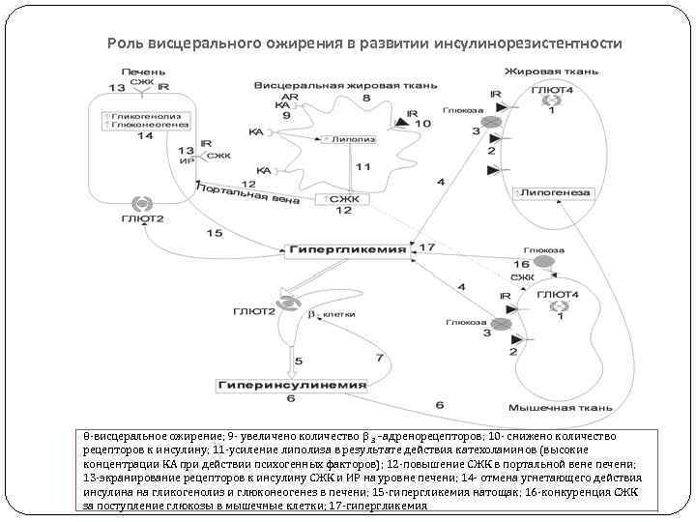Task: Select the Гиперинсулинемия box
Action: [x=291, y=384]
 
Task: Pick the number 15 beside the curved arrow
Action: [x=214, y=233]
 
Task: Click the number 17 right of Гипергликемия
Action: [x=426, y=247]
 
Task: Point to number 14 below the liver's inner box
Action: [x=144, y=136]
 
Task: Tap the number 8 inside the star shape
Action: [x=365, y=98]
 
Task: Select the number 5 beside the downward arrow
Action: [x=299, y=361]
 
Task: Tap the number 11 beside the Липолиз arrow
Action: [x=362, y=167]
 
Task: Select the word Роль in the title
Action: [x=124, y=44]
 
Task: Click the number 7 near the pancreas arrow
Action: [x=380, y=358]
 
